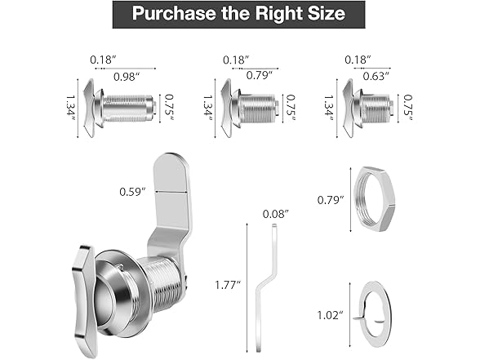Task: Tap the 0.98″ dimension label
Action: [127, 77]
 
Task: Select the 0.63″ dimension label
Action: [376, 76]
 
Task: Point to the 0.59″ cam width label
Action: [132, 192]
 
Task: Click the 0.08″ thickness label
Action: [276, 214]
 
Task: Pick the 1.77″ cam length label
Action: [228, 285]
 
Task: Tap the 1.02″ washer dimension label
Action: [330, 315]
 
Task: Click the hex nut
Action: [375, 199]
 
